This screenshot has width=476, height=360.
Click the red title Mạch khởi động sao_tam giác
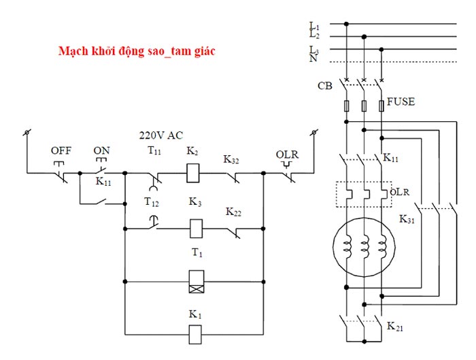tap(137, 52)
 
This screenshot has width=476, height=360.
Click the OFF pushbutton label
tap(61, 150)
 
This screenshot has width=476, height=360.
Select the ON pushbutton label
tap(101, 150)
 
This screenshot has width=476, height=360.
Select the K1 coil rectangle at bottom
tap(195, 333)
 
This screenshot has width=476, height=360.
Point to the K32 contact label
tap(234, 160)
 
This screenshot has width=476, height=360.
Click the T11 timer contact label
tap(154, 152)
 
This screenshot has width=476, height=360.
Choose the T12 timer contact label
tap(152, 202)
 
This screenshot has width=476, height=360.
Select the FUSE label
tap(401, 101)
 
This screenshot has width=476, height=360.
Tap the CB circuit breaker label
tap(325, 86)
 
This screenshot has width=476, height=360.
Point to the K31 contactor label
tap(407, 219)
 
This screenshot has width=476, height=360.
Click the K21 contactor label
tap(394, 327)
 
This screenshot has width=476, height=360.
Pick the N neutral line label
tap(313, 59)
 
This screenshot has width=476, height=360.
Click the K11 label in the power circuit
tap(391, 158)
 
